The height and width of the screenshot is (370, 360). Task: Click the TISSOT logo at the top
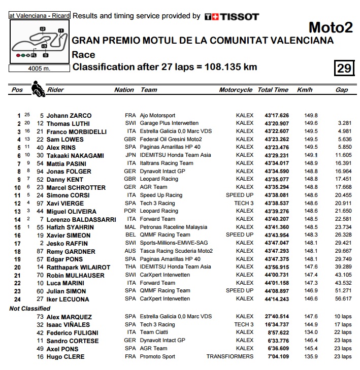(232, 16)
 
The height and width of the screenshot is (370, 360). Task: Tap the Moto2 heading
(331, 27)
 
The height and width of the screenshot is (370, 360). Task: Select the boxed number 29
(344, 67)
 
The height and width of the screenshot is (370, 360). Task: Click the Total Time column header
(273, 90)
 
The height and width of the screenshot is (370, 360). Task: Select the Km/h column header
(305, 90)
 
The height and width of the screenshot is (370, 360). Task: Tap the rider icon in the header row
(37, 89)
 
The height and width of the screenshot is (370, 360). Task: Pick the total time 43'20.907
(276, 123)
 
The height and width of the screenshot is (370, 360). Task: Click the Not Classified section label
(30, 308)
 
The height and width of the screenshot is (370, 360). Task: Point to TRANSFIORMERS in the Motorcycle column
(230, 357)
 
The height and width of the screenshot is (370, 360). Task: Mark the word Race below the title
(84, 55)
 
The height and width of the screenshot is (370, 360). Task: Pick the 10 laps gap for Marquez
(343, 317)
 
